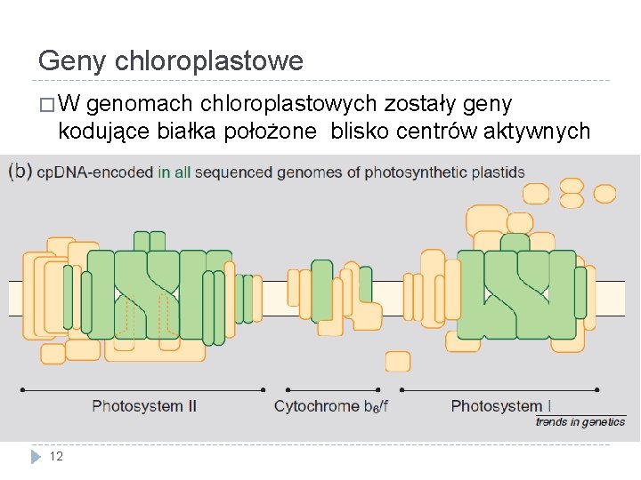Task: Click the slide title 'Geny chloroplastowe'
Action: (x=171, y=61)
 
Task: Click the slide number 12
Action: (x=56, y=457)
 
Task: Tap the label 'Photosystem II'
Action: (x=144, y=406)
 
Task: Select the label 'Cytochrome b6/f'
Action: (x=331, y=406)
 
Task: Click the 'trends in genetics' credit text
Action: (x=580, y=422)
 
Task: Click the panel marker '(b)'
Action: (x=20, y=172)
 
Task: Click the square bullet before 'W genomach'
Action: (x=46, y=106)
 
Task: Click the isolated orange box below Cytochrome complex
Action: (x=398, y=361)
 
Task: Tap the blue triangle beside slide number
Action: (x=36, y=457)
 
